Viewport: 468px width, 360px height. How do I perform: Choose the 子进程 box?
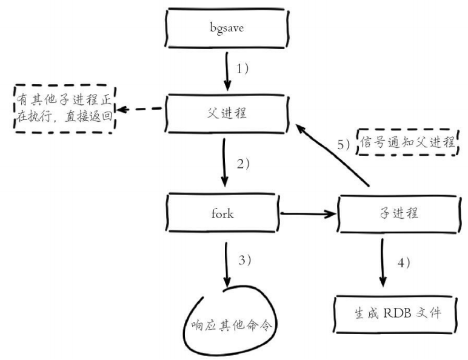tap(397, 213)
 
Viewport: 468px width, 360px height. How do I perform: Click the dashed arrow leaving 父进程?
tap(142, 110)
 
